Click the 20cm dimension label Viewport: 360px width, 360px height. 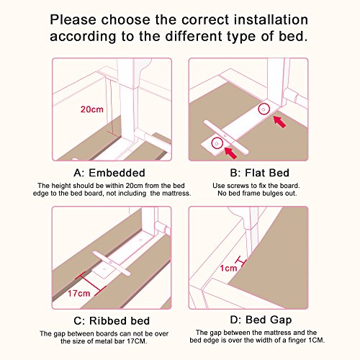tap(92, 109)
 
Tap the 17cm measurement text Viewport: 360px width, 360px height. tap(79, 293)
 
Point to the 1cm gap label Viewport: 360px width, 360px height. tap(229, 268)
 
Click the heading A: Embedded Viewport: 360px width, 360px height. tap(109, 173)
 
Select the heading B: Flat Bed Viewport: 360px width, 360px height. tap(260, 173)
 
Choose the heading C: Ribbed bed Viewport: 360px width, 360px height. tap(112, 321)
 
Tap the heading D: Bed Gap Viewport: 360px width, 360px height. tap(261, 320)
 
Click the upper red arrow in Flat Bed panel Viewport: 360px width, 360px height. tap(280, 122)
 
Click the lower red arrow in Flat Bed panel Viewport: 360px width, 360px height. tap(230, 153)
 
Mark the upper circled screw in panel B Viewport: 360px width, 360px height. tap(264, 109)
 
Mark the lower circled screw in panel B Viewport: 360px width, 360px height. tap(217, 143)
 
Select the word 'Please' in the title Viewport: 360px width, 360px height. tap(73, 19)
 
